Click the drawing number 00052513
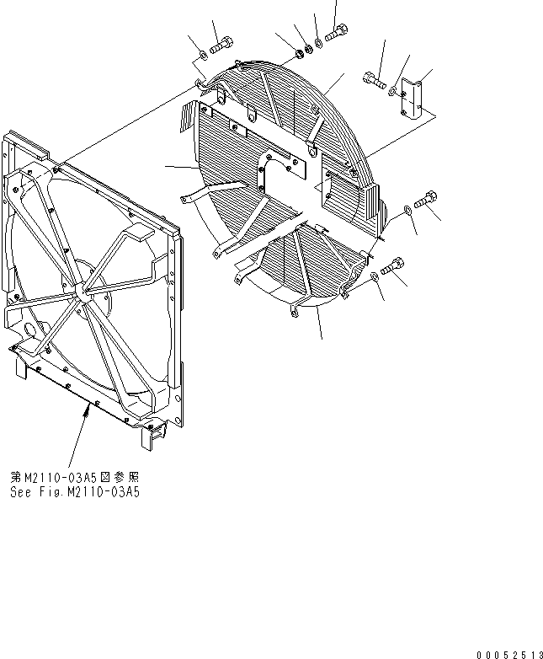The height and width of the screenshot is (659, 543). pos(508,653)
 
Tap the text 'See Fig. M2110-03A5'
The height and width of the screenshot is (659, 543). pos(75,493)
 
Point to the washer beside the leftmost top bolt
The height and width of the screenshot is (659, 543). pos(203,57)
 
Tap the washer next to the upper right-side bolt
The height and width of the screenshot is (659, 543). pos(407,208)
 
